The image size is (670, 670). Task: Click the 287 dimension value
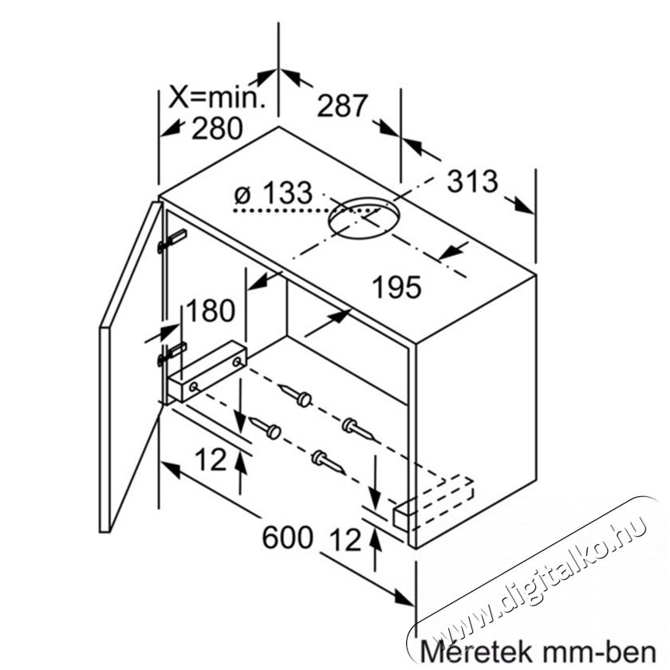click(x=342, y=105)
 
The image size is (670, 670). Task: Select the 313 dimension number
click(x=472, y=181)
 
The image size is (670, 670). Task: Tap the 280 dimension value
click(x=217, y=128)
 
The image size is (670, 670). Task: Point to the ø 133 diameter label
click(x=274, y=193)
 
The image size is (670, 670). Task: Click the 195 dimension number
click(x=397, y=286)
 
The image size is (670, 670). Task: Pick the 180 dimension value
click(x=211, y=310)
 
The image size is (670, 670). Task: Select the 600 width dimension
click(x=287, y=537)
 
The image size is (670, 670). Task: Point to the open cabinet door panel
click(x=130, y=368)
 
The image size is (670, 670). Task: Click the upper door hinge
click(x=171, y=241)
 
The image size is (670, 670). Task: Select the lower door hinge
click(x=171, y=354)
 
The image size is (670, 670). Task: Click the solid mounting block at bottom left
click(x=207, y=371)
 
